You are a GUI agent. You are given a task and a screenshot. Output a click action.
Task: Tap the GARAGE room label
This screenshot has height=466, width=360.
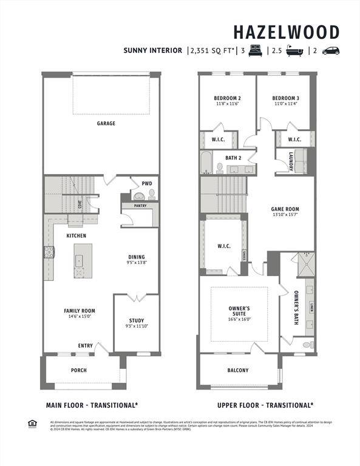coord(106,123)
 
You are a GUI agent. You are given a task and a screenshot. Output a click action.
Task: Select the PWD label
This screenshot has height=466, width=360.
coord(147,183)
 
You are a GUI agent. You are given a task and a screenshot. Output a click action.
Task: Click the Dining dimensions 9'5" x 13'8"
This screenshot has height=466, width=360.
coord(137,263)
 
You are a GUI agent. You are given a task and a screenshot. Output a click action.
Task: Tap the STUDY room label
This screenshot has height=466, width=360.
coord(137,320)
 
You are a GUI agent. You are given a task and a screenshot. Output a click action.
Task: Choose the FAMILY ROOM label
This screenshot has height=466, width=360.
coord(80,311)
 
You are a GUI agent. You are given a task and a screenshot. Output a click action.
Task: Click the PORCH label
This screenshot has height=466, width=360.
coord(78,370)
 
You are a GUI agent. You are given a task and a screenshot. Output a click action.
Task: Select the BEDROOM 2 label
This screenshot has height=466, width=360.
coord(227,98)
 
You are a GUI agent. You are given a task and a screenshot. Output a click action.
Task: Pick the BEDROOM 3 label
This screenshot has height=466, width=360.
coord(285,98)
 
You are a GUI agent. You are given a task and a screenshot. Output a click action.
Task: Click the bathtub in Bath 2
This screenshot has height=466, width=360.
coord(206,163)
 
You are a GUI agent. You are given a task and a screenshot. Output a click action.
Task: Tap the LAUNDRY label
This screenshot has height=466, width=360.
coord(291,161)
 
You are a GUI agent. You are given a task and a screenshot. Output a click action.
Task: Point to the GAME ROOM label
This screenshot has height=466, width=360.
coord(285,209)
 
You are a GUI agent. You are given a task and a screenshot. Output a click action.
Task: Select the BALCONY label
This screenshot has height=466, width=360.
coord(238,370)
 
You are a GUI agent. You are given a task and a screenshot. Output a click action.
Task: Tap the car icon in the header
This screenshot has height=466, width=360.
coord(330,51)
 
